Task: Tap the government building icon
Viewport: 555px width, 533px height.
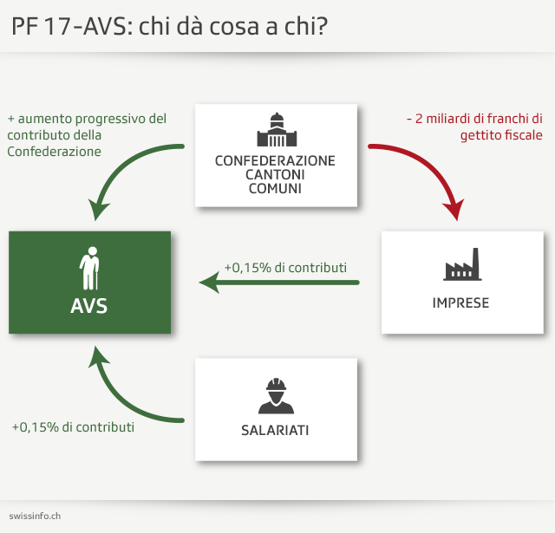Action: pyautogui.click(x=275, y=130)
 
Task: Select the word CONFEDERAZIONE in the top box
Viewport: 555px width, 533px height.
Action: pyautogui.click(x=275, y=161)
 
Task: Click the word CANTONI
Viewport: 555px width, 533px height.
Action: pyautogui.click(x=275, y=175)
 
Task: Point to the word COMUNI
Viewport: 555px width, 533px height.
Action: pyautogui.click(x=275, y=188)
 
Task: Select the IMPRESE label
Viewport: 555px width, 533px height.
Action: pyautogui.click(x=461, y=302)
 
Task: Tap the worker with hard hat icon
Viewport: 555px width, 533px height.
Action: pyautogui.click(x=275, y=395)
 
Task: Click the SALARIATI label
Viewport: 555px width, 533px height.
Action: pyautogui.click(x=275, y=430)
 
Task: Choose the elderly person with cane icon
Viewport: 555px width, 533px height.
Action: pyautogui.click(x=89, y=270)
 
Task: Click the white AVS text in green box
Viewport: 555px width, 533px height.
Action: pyautogui.click(x=89, y=306)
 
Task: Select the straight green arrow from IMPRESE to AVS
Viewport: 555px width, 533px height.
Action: pyautogui.click(x=277, y=283)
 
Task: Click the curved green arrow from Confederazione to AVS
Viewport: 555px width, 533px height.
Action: pyautogui.click(x=121, y=169)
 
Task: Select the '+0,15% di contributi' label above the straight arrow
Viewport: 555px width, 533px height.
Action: pyautogui.click(x=285, y=268)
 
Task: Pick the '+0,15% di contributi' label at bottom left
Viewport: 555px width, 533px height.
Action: pyautogui.click(x=73, y=427)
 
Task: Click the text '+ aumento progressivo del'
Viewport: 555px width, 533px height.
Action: pyautogui.click(x=87, y=119)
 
